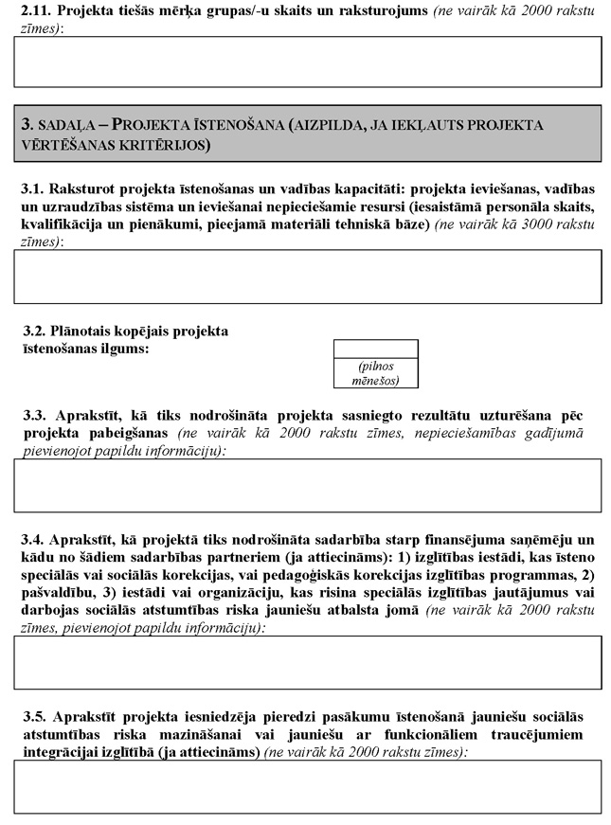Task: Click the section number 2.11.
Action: point(34,10)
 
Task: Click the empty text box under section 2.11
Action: point(307,62)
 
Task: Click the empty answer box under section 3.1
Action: point(307,276)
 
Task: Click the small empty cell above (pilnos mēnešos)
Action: point(376,348)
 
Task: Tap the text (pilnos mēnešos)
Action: point(376,373)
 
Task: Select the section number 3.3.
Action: point(35,416)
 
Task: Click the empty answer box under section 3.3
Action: point(307,485)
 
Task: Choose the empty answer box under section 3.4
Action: point(307,661)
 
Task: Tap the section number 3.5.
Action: point(35,717)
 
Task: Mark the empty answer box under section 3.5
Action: point(307,786)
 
